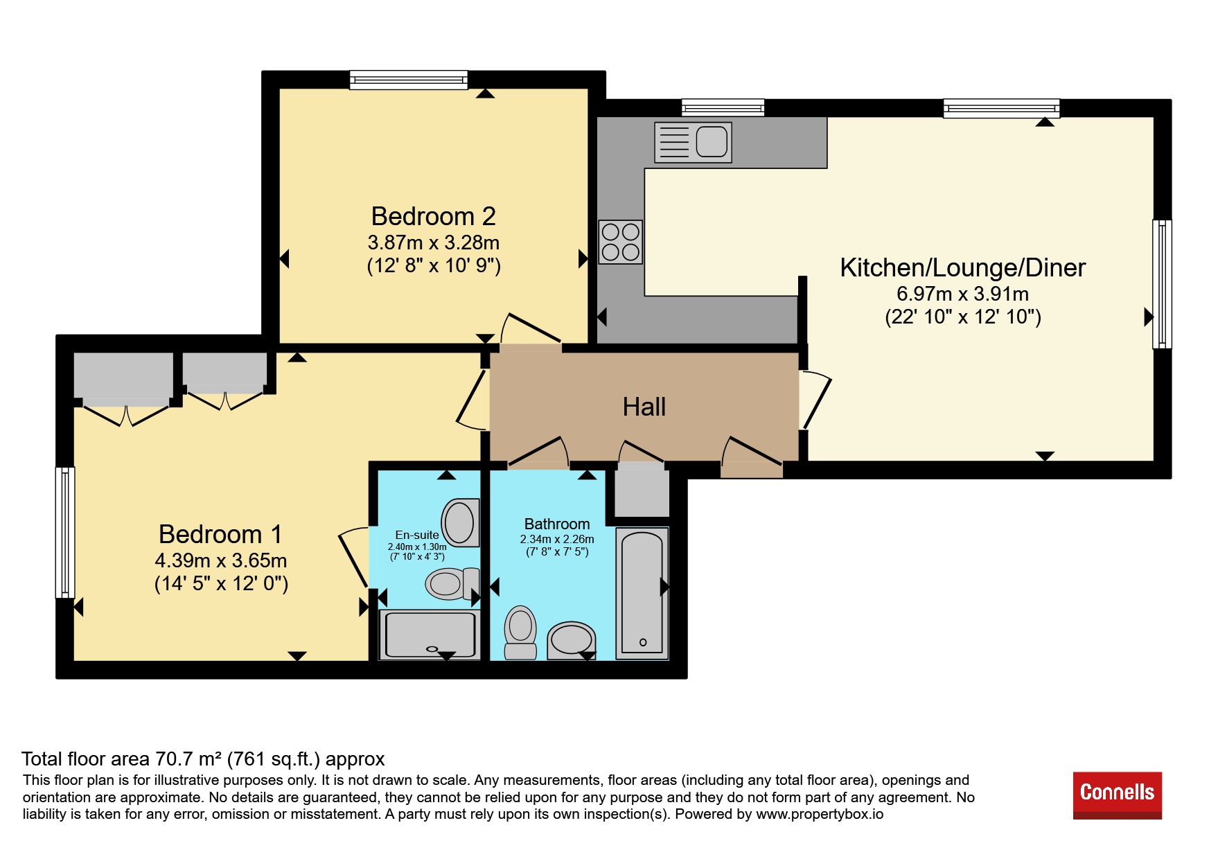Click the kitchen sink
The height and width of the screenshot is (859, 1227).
click(x=693, y=142)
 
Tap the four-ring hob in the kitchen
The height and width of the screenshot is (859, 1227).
click(x=621, y=242)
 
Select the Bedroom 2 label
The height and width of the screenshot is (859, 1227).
click(x=434, y=216)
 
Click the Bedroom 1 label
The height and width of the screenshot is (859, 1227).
click(x=220, y=534)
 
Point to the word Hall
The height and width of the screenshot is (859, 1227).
click(x=644, y=407)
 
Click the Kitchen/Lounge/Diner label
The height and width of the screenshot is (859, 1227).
click(x=963, y=267)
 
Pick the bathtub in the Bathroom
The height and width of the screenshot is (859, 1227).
click(x=642, y=593)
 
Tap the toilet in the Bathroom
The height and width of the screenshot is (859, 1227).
click(x=520, y=632)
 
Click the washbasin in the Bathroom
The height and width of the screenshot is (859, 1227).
click(x=572, y=639)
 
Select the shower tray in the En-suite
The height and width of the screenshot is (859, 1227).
click(x=430, y=635)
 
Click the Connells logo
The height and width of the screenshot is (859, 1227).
click(x=1117, y=795)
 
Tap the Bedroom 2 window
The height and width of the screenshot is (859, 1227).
click(x=408, y=80)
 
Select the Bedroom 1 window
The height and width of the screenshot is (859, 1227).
click(x=65, y=532)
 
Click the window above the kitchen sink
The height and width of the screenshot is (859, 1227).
click(x=723, y=107)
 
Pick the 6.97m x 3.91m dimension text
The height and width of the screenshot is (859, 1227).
click(x=963, y=294)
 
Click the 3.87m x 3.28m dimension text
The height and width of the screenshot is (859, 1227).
click(x=434, y=242)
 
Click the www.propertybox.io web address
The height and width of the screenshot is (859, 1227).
click(x=820, y=814)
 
